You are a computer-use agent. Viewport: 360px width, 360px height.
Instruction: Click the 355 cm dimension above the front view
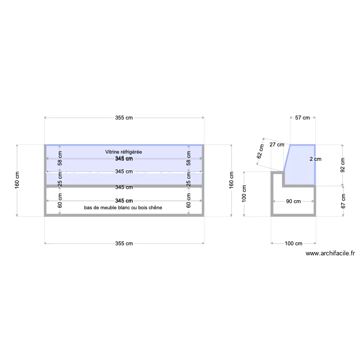point(124,118)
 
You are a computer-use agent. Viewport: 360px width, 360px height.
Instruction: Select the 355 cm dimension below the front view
point(124,244)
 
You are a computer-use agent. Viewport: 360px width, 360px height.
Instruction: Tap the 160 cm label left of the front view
point(18,180)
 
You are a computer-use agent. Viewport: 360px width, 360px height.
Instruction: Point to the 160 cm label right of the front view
point(231,180)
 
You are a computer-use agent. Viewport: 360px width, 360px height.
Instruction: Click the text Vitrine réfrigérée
point(124,152)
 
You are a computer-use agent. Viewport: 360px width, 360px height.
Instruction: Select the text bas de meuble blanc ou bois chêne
point(123,208)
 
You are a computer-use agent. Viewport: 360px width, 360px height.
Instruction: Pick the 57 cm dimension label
point(302,118)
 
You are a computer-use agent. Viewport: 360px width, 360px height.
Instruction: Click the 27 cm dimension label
point(276,144)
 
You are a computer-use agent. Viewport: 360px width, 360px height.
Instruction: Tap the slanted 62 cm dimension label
point(261,152)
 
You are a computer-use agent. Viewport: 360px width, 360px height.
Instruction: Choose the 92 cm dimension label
point(342,165)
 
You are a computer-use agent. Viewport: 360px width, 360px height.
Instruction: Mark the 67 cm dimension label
point(342,201)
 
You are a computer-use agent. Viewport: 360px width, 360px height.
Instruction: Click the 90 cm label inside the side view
point(293,202)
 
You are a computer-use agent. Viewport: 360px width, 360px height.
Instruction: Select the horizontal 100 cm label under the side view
point(293,244)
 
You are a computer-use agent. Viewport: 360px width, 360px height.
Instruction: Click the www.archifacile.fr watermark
point(330,254)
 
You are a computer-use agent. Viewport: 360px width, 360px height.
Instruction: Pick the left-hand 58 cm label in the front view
point(60,158)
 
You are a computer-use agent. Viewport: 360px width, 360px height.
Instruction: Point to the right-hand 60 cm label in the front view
point(188,201)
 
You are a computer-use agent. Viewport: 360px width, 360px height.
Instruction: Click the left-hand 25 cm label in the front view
point(60,179)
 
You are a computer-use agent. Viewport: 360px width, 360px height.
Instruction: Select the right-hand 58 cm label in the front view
point(188,158)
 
